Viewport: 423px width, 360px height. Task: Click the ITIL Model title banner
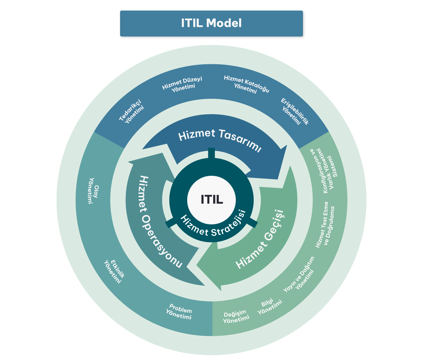point(211,23)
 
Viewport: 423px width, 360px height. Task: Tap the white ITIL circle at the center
point(211,200)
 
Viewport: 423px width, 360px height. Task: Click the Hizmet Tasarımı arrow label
point(220,140)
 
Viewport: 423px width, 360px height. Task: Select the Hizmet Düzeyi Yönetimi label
point(182,84)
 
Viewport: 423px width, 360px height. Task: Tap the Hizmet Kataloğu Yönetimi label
point(246,84)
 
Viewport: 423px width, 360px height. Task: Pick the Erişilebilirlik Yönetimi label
point(294,112)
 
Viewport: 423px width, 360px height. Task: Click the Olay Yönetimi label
point(93,191)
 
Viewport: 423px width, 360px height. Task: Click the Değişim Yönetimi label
point(236,316)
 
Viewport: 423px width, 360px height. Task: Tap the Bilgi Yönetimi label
point(269,307)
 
